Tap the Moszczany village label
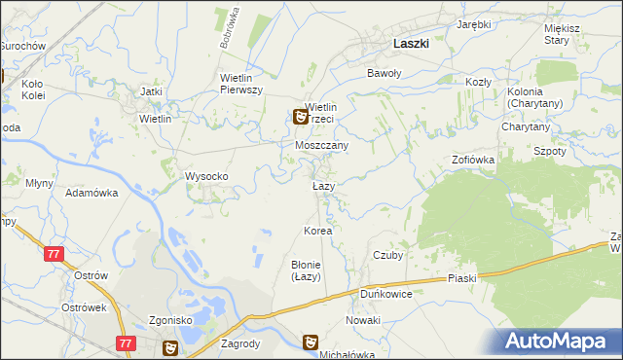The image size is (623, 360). coord(322,144)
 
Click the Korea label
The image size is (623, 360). coord(318,231)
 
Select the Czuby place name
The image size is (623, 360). coord(388,255)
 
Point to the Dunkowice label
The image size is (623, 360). coord(386,293)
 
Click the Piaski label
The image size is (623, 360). coord(462,278)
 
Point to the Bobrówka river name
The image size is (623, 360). coord(235,29)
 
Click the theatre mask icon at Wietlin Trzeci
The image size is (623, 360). coord(302,117)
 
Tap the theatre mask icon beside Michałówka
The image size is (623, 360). coord(311,342)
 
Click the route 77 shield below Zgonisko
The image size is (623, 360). coord(124,342)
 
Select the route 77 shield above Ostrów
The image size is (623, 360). coord(54,253)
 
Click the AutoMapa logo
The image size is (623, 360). coord(558,341)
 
